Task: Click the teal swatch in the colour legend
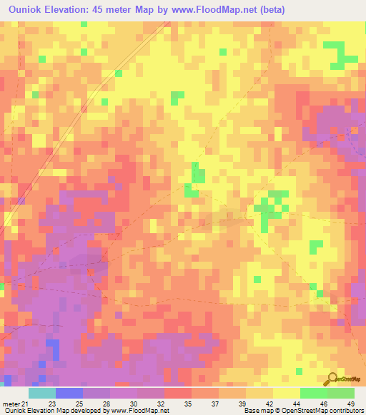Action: [41, 393]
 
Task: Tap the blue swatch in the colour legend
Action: [69, 393]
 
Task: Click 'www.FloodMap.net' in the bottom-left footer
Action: [140, 411]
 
